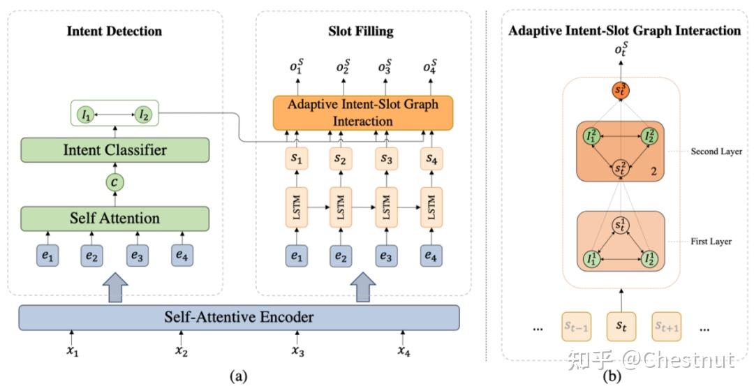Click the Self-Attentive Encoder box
pyautogui.click(x=239, y=317)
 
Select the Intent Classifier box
pyautogui.click(x=115, y=149)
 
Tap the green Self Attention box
pyautogui.click(x=115, y=219)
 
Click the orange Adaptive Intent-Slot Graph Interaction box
pyautogui.click(x=362, y=112)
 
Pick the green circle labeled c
pyautogui.click(x=115, y=184)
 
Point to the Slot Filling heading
pyautogui.click(x=361, y=31)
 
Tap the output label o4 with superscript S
pyautogui.click(x=431, y=68)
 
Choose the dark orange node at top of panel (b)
pyautogui.click(x=620, y=90)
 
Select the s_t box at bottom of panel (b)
pyautogui.click(x=620, y=325)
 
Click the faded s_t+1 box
pyautogui.click(x=667, y=325)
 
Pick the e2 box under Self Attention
pyautogui.click(x=92, y=257)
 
